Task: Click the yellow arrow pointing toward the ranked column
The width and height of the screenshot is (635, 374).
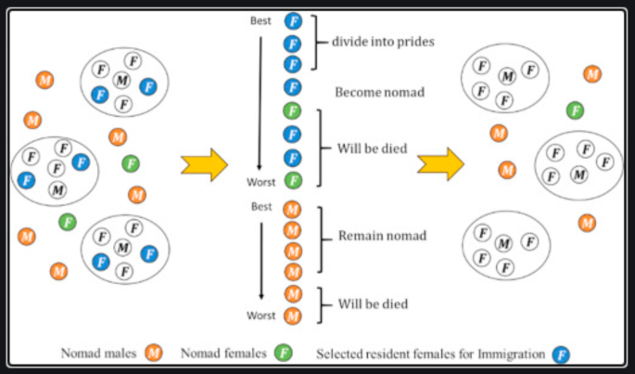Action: click(205, 164)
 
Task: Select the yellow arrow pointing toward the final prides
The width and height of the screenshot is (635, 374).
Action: click(440, 164)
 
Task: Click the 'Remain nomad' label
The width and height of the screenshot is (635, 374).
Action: click(382, 236)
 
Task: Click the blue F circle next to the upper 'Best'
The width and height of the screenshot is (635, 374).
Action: click(293, 20)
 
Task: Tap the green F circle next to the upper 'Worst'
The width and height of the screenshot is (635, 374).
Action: click(293, 180)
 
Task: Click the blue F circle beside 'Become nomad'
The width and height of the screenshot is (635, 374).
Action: click(293, 88)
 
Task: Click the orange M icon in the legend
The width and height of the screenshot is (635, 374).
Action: click(154, 353)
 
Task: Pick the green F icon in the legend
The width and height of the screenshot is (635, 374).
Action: click(286, 353)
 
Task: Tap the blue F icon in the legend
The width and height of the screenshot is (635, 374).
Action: click(560, 354)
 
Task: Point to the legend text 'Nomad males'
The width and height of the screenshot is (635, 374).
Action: click(98, 354)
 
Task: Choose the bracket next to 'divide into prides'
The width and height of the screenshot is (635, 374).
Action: click(319, 43)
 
